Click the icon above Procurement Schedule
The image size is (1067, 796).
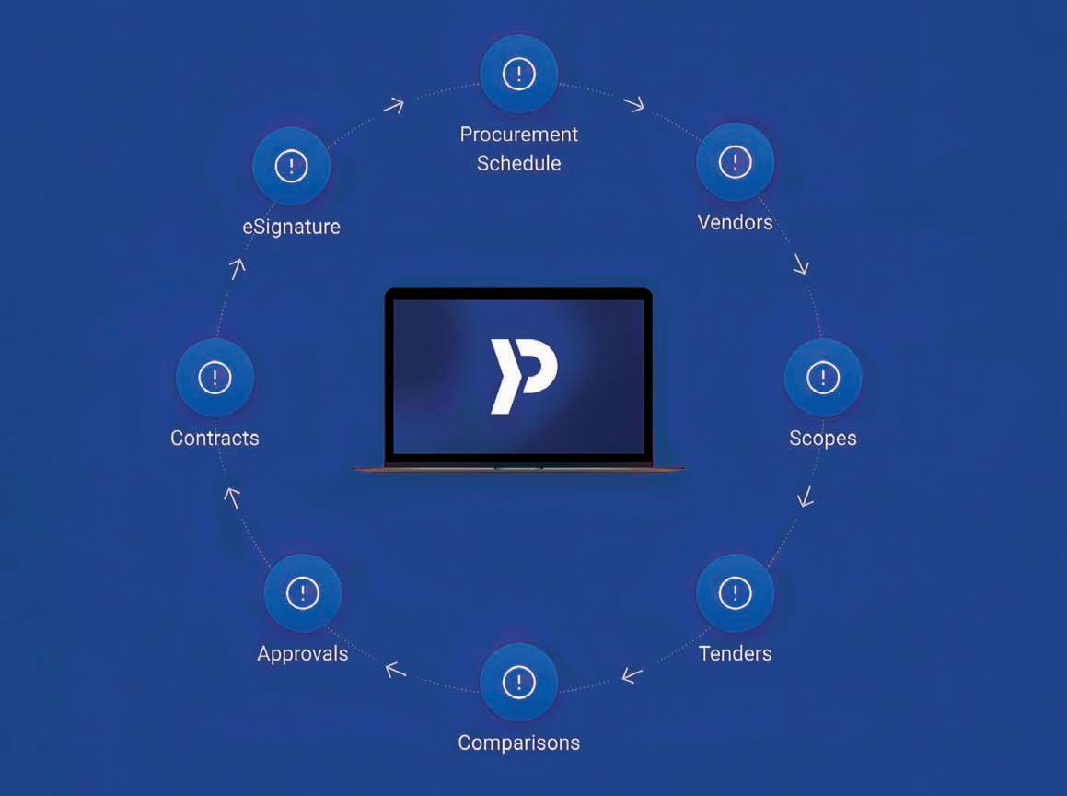(x=519, y=73)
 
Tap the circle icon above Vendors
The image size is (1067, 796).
(x=735, y=163)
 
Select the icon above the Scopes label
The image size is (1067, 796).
(x=822, y=377)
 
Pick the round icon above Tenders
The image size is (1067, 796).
(x=735, y=592)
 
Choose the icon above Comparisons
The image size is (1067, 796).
(x=519, y=682)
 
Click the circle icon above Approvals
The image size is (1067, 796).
(x=302, y=593)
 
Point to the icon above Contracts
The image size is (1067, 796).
(x=215, y=377)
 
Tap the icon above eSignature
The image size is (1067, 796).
(x=291, y=166)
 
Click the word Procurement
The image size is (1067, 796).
(x=519, y=135)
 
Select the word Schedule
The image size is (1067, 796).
(x=519, y=164)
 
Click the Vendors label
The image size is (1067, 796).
(x=735, y=222)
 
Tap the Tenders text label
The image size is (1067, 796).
(x=735, y=654)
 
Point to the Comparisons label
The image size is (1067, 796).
(x=519, y=743)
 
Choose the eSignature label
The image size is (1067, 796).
(x=291, y=226)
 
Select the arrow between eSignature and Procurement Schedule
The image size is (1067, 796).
(x=393, y=105)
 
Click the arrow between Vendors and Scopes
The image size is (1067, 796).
(x=800, y=265)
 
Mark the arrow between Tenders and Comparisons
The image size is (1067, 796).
(x=632, y=675)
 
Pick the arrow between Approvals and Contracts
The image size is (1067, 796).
(x=233, y=497)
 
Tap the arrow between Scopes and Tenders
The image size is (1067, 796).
(x=806, y=497)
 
